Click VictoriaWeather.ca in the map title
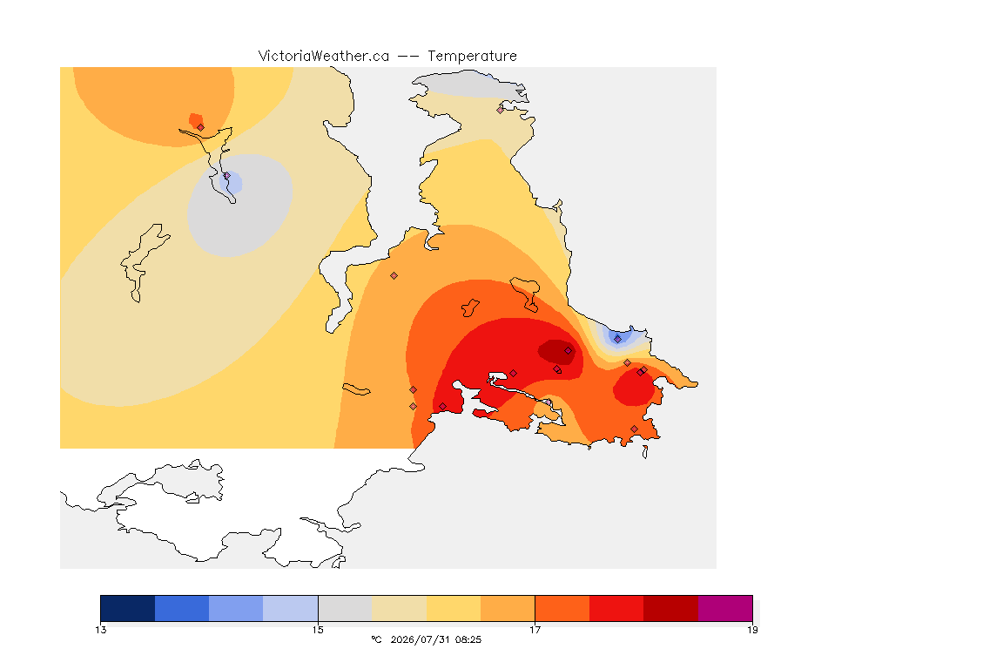pos(324,57)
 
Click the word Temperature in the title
pos(472,57)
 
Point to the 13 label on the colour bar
pos(101,630)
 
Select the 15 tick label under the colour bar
pos(318,630)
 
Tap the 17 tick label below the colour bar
pos(535,630)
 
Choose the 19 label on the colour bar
pos(752,630)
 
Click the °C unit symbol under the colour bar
pos(376,639)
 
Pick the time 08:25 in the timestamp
pos(468,639)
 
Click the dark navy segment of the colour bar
pos(128,608)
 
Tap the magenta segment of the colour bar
pos(725,608)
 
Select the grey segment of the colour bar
pos(345,608)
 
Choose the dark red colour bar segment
pos(671,608)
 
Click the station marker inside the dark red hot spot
pos(568,351)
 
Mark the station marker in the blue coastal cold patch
pos(617,339)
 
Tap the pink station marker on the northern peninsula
pos(501,110)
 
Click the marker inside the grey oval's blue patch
pos(227,175)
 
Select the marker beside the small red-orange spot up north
pos(201,127)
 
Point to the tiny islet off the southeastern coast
pos(645,452)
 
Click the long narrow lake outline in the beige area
pos(144,262)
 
